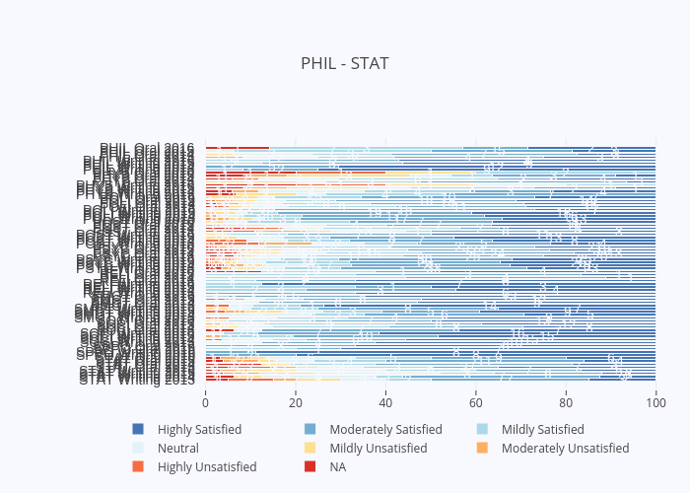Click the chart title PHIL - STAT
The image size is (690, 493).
(x=345, y=64)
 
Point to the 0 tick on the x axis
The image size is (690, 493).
(x=205, y=402)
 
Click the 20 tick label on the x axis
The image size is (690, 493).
(x=295, y=402)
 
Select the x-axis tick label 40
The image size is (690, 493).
(x=385, y=402)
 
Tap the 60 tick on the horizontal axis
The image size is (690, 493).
(x=475, y=402)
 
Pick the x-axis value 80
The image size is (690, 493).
(x=566, y=402)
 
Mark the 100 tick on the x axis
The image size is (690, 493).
(x=655, y=402)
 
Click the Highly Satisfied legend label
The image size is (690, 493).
(x=199, y=430)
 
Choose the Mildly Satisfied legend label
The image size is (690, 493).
(x=542, y=430)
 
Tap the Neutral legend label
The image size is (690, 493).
(x=178, y=449)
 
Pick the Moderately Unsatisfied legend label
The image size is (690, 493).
(x=565, y=449)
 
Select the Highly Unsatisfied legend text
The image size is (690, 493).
(x=207, y=467)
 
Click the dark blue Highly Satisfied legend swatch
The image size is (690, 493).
(x=138, y=430)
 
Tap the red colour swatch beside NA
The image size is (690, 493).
(x=310, y=467)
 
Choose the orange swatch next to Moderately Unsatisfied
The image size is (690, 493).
(x=482, y=449)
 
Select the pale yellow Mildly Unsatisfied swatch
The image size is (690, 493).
(x=310, y=449)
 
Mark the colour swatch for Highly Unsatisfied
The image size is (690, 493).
(x=138, y=467)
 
